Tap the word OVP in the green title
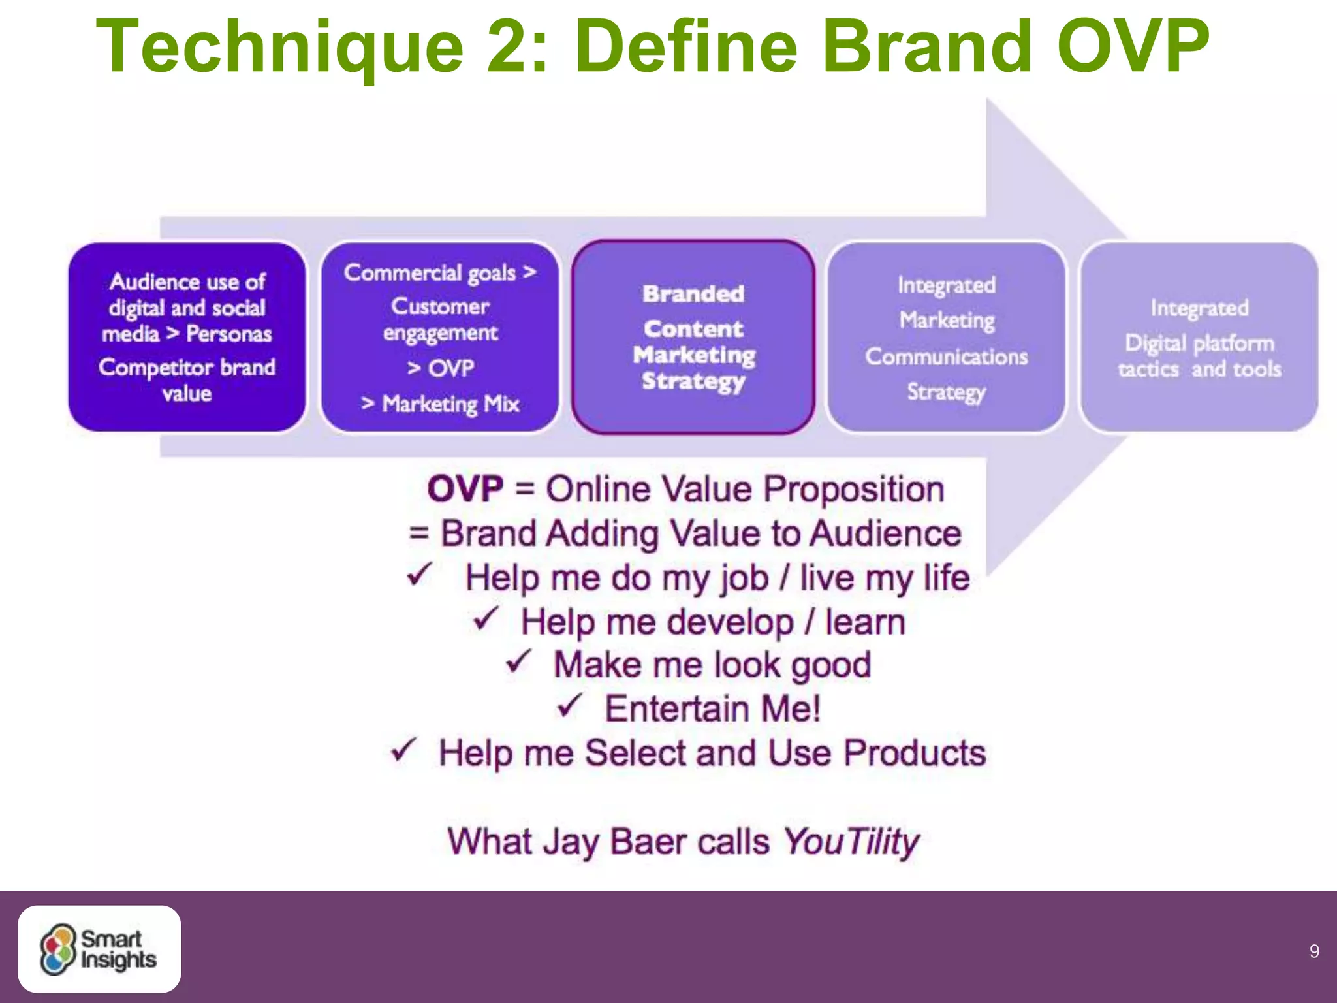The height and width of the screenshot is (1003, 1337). click(x=1133, y=47)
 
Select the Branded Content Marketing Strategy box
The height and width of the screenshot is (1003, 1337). click(x=693, y=337)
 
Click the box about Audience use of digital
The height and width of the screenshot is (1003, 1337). click(x=187, y=337)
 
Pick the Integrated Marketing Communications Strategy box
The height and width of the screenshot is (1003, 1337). click(x=946, y=337)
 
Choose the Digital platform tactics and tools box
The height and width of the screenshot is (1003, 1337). click(x=1199, y=337)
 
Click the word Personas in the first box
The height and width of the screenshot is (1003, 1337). click(x=228, y=334)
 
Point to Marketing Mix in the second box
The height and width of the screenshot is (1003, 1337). click(x=450, y=404)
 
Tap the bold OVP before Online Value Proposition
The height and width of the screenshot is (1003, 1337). click(x=465, y=489)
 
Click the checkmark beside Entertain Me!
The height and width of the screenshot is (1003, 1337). click(x=569, y=705)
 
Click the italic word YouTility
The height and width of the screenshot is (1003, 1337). click(x=851, y=842)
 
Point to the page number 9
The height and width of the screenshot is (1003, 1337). click(x=1314, y=951)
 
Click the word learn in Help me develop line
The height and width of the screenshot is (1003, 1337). click(x=865, y=622)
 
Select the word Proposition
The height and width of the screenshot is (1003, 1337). click(x=854, y=489)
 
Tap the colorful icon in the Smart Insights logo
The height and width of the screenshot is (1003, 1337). click(x=58, y=949)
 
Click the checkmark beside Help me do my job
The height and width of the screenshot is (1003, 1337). click(x=419, y=575)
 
